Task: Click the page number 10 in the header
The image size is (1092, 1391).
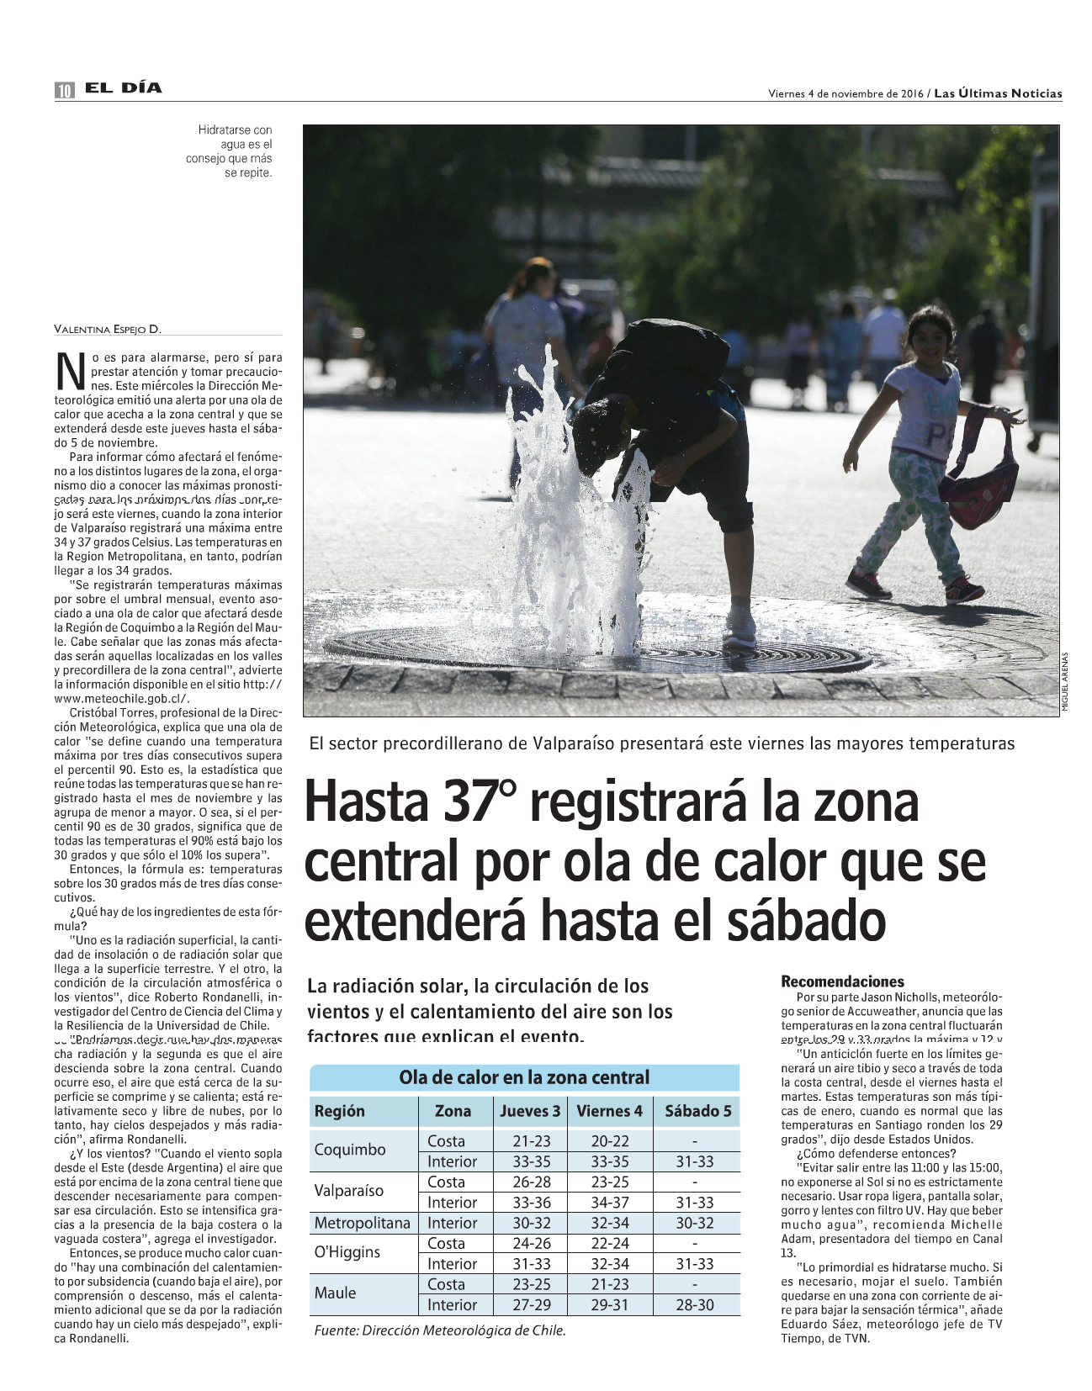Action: pos(64,91)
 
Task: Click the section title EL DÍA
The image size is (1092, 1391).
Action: pos(123,88)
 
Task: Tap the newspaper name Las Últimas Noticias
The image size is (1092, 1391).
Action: pos(998,93)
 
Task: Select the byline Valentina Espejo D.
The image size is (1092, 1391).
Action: pos(108,329)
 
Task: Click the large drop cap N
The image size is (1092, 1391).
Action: pos(71,372)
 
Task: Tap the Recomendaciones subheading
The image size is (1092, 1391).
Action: pos(842,981)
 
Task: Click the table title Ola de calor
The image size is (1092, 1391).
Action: pos(524,1077)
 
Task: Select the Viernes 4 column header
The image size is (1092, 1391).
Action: pos(609,1111)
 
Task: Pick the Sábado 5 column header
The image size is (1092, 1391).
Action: pos(697,1111)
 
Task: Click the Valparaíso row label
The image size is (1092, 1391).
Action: pos(348,1191)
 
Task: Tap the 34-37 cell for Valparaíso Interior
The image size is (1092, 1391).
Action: pos(609,1203)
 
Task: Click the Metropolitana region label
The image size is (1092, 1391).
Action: pos(362,1223)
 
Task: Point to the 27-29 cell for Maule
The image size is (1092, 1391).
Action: pos(532,1304)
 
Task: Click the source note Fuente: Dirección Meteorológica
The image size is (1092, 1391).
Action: pos(439,1330)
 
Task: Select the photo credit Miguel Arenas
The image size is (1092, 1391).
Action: pos(1064,682)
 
